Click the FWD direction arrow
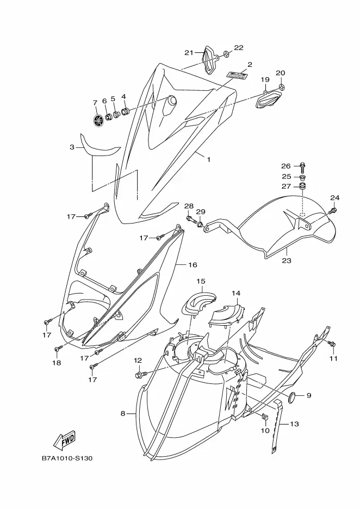[64, 439]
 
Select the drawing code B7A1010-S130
[67, 458]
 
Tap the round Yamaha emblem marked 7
[97, 120]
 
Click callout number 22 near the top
[239, 48]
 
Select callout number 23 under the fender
[287, 260]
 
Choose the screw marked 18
[58, 349]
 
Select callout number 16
[193, 265]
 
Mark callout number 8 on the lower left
[123, 413]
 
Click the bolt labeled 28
[191, 219]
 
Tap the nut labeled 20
[282, 86]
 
